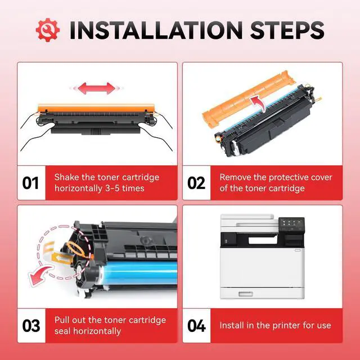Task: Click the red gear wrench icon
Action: click(x=48, y=30)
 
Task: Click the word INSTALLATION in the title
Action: click(x=156, y=30)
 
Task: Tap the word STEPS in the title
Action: click(x=287, y=30)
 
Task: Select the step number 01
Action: click(x=31, y=183)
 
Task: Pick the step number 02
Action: click(x=196, y=183)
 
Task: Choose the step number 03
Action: click(x=31, y=326)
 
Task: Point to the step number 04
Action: click(x=196, y=326)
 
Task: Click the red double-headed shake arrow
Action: click(x=97, y=88)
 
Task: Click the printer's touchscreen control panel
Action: click(x=291, y=224)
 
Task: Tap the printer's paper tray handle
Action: click(x=246, y=294)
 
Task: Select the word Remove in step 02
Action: click(x=235, y=177)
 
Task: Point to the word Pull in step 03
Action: click(x=61, y=320)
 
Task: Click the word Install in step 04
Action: click(x=231, y=325)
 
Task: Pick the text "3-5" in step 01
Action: click(x=111, y=188)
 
